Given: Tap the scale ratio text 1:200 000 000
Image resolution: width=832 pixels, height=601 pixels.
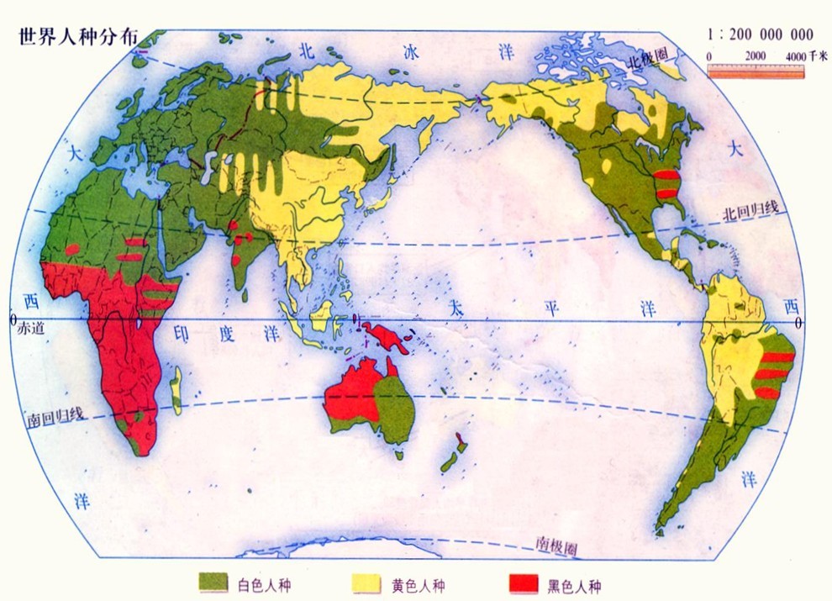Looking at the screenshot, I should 761,34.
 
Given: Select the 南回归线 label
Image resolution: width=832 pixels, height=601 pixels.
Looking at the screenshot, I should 54,414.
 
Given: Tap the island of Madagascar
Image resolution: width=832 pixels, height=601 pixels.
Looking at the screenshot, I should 176,390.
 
